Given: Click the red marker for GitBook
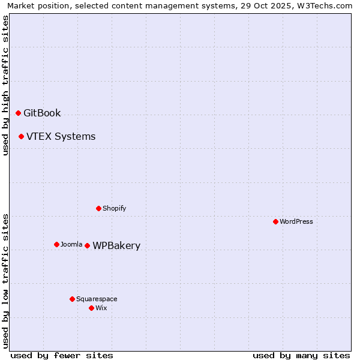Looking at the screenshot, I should (x=18, y=113).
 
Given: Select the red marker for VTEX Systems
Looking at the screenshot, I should (x=21, y=136).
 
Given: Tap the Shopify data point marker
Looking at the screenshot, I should (x=98, y=208).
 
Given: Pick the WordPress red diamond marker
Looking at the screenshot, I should (x=275, y=221).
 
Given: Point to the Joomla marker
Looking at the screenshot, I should (x=56, y=244).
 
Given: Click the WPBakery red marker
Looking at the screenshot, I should (x=87, y=245).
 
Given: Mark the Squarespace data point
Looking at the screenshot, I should (x=72, y=299).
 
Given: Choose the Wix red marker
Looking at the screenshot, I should (x=91, y=308).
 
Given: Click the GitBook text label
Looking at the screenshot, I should (x=42, y=113).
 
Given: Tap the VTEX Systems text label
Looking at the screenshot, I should (x=61, y=136).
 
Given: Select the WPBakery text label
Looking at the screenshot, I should (x=116, y=245).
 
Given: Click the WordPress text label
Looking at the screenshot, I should (x=296, y=221).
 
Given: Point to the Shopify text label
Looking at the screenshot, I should (x=114, y=208).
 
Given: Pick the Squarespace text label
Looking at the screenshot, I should (x=97, y=299).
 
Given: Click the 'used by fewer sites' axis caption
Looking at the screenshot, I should (x=62, y=355).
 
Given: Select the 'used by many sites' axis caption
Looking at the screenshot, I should (x=301, y=355).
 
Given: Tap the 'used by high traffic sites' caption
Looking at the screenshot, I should (x=5, y=85).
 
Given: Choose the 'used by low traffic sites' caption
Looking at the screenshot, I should (x=5, y=280).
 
